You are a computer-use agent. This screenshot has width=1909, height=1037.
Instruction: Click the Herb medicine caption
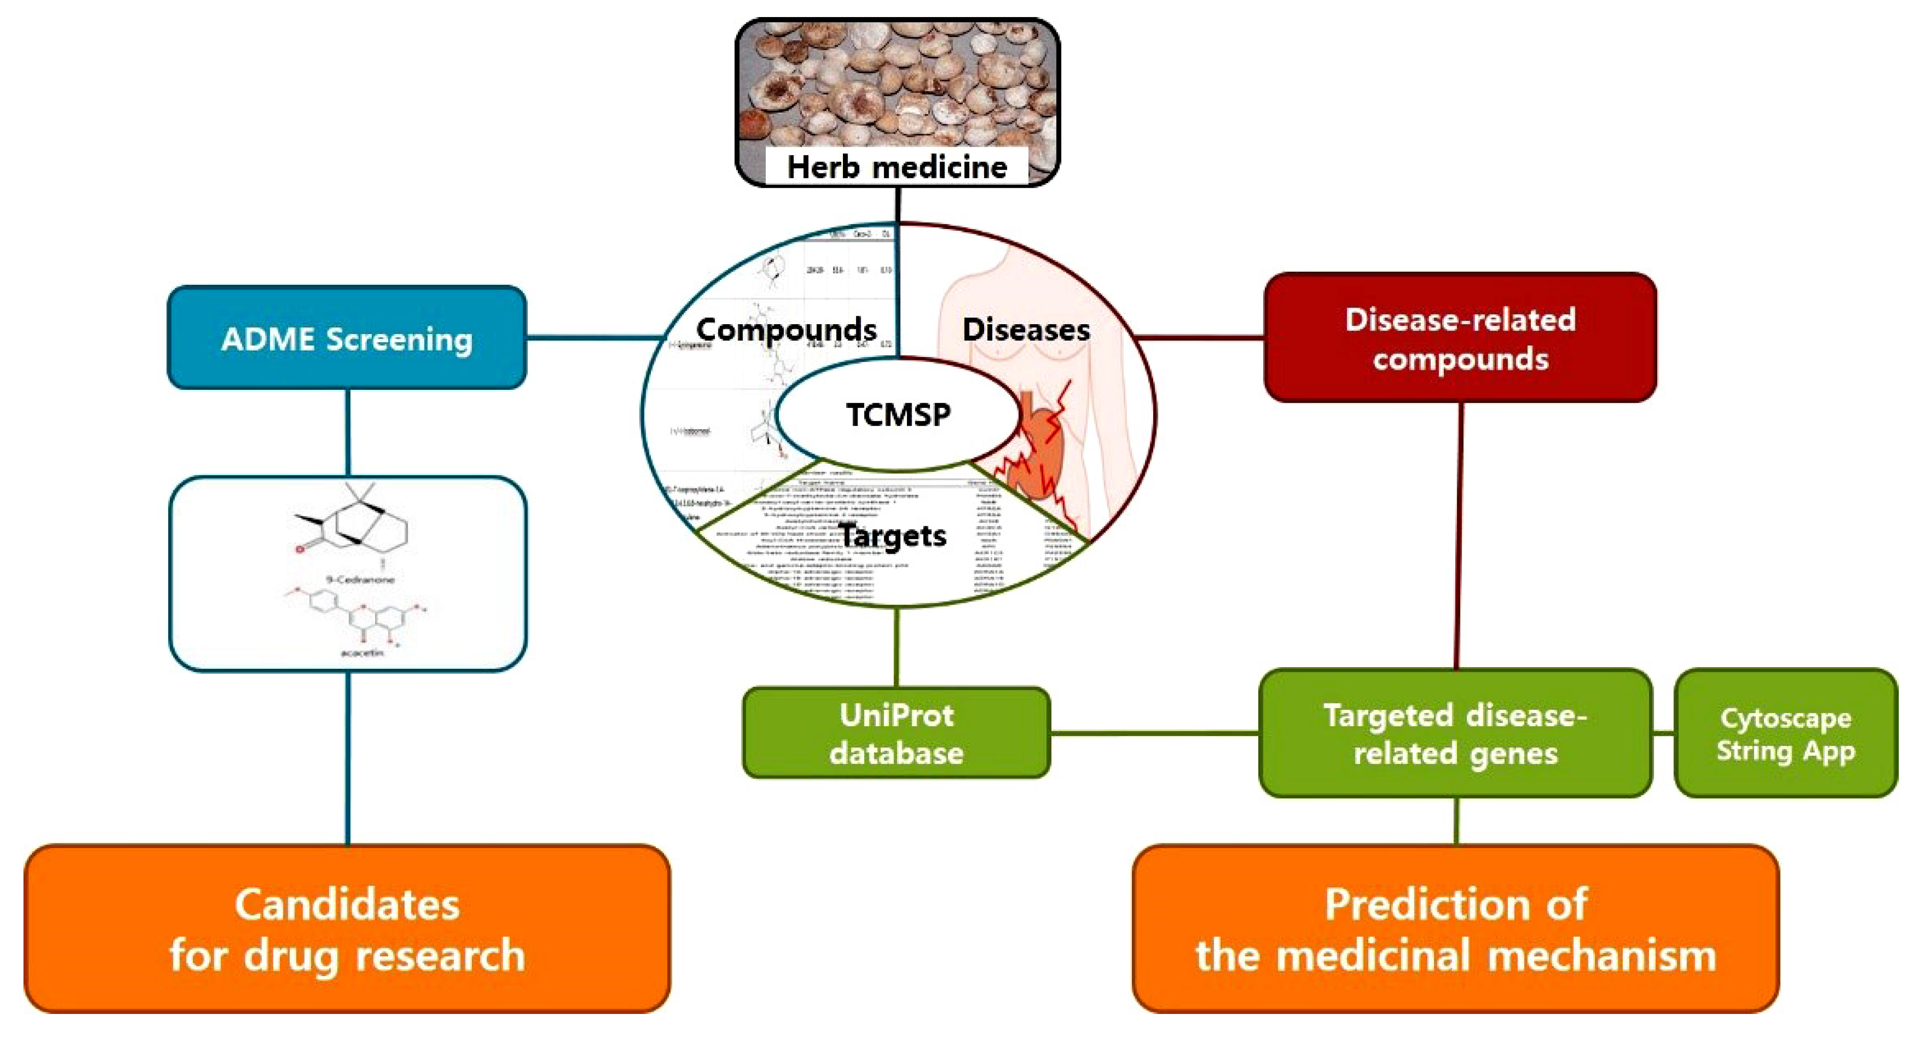pos(897,167)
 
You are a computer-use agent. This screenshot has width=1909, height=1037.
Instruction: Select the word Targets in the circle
pos(892,535)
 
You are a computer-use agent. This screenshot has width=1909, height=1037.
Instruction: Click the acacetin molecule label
pos(361,653)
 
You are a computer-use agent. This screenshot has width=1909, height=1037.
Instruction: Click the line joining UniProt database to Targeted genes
pos(1154,733)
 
